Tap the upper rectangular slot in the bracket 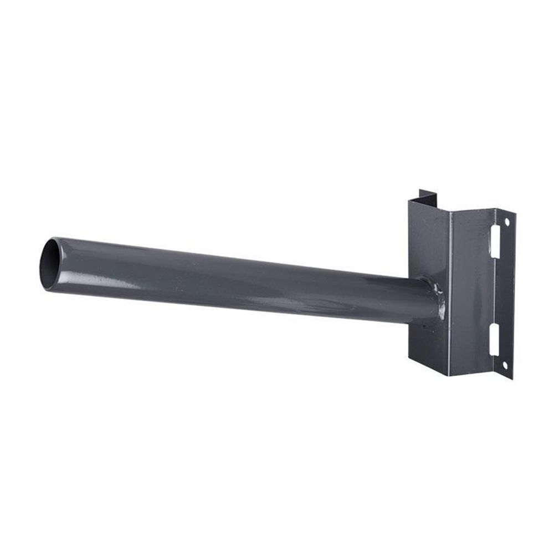click(x=492, y=243)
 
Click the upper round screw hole click(x=505, y=222)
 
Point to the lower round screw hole click(x=505, y=364)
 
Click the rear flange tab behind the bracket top click(x=428, y=196)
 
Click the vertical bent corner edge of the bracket click(x=450, y=288)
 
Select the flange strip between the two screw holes click(x=505, y=294)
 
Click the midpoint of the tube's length click(x=238, y=280)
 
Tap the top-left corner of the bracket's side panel click(x=409, y=200)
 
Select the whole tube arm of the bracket click(x=238, y=280)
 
